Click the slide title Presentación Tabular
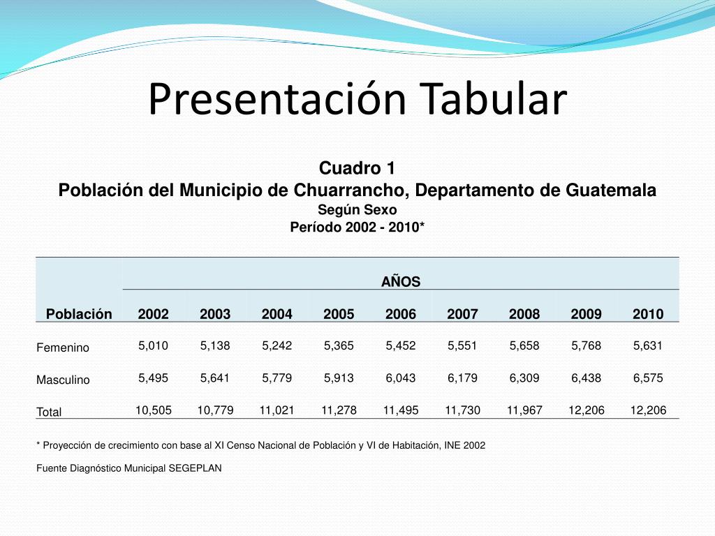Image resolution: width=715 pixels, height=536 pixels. [x=357, y=99]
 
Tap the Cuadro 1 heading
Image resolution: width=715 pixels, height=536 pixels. [x=357, y=168]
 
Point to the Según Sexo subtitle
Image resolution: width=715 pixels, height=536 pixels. [x=357, y=209]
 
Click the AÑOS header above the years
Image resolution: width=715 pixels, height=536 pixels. [x=400, y=281]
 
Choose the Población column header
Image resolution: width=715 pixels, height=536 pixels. [x=79, y=314]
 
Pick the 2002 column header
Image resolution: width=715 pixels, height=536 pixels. [x=153, y=314]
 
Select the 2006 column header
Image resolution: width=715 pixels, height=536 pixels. [x=400, y=314]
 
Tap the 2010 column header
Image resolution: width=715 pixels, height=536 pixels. [x=648, y=314]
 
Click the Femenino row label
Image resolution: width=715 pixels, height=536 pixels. [x=63, y=348]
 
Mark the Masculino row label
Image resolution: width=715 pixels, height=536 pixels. [x=63, y=380]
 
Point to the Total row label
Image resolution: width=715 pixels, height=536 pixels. [x=49, y=412]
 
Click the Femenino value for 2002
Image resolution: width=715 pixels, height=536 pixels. [x=153, y=345]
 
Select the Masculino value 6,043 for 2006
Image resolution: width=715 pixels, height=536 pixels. [x=400, y=378]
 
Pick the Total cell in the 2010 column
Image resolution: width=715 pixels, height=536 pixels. [x=648, y=410]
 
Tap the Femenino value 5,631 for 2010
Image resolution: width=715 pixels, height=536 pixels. [x=648, y=345]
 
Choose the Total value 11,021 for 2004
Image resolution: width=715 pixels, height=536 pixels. [x=277, y=410]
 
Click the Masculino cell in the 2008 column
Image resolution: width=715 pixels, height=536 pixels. [x=524, y=378]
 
